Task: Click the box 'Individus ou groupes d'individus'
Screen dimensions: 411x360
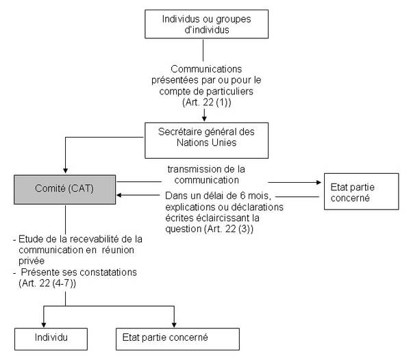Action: [x=207, y=24]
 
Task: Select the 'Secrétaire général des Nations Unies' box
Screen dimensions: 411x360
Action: [x=207, y=140]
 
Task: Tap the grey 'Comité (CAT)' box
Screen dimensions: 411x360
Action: [x=65, y=190]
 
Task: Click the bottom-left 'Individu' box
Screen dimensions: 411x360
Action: [x=51, y=339]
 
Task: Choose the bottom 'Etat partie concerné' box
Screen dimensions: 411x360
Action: [x=177, y=339]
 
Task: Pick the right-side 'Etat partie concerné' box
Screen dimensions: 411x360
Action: [x=362, y=192]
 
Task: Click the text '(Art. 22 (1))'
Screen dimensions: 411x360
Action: [x=207, y=102]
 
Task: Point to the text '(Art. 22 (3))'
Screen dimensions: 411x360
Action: [x=229, y=229]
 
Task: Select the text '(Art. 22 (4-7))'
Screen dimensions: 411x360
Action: [x=47, y=283]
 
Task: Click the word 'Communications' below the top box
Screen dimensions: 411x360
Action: [x=206, y=69]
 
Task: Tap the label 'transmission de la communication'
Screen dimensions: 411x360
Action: [x=206, y=175]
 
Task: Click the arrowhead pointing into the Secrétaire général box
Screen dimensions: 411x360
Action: [x=204, y=118]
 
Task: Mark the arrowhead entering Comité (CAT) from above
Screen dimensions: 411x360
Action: [x=66, y=170]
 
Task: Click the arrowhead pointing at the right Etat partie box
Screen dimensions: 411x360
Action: [x=319, y=182]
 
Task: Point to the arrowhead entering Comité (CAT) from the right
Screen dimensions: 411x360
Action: [x=119, y=195]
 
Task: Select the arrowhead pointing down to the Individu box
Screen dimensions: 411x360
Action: [x=44, y=324]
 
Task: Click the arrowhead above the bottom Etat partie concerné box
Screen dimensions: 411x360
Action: [x=174, y=324]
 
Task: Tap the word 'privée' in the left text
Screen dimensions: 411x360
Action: [x=32, y=261]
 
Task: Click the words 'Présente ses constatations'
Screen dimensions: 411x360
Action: [x=79, y=272]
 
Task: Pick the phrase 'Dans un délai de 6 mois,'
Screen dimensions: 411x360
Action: [x=218, y=196]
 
